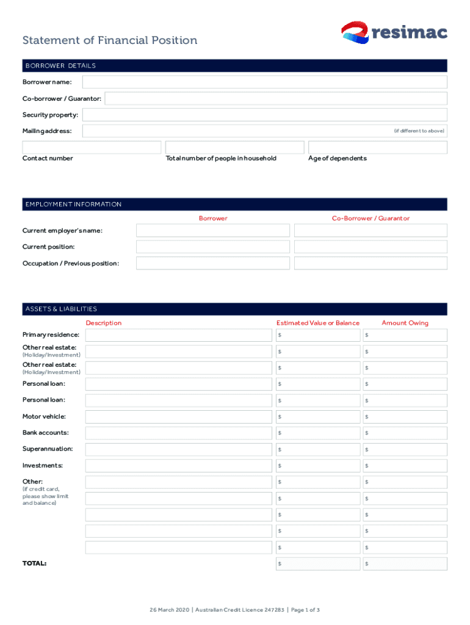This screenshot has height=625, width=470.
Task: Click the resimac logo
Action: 394,32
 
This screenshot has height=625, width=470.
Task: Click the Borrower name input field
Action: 264,82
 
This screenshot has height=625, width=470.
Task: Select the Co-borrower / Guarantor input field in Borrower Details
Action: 276,98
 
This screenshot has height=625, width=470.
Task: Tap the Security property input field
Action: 264,115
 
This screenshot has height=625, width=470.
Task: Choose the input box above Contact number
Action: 92,147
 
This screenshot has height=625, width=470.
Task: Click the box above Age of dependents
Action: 377,147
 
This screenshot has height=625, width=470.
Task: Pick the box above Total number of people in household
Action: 234,147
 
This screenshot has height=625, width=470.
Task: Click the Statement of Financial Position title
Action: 110,40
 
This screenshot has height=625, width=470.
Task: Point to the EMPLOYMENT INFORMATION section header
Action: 73,204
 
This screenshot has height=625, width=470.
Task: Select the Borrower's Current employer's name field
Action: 212,230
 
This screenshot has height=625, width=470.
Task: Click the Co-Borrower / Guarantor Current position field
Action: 371,247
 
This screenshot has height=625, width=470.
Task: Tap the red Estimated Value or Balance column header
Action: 317,323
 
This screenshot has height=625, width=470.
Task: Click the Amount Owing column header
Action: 405,323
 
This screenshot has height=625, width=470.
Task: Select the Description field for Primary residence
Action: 178,335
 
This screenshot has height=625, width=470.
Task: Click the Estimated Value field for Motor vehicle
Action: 316,417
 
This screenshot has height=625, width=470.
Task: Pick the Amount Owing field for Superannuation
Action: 404,449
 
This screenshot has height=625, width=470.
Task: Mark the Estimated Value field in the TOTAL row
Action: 316,564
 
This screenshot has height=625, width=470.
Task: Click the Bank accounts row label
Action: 46,433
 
